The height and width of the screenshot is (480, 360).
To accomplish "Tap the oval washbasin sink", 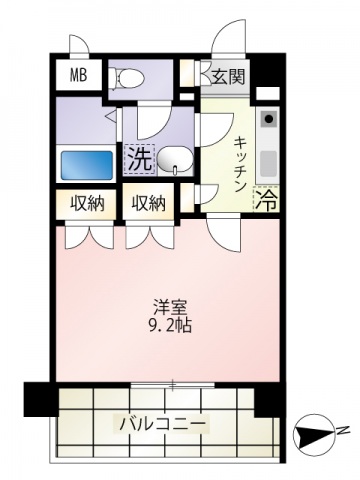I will pyautogui.click(x=173, y=157).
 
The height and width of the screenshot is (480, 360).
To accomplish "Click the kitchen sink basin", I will pyautogui.click(x=268, y=160).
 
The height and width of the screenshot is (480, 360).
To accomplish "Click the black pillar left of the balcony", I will pyautogui.click(x=38, y=400).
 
